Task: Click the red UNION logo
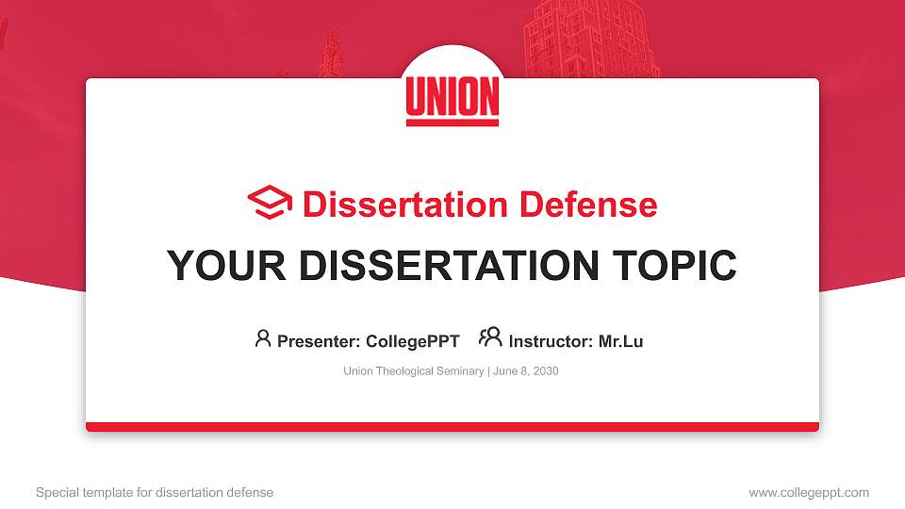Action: click(452, 98)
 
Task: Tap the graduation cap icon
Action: click(270, 203)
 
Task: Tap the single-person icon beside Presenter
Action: click(263, 338)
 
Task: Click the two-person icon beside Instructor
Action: click(490, 337)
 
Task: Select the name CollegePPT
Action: click(412, 341)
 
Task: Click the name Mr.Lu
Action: click(620, 341)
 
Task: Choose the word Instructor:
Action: click(551, 341)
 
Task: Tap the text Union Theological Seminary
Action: click(413, 371)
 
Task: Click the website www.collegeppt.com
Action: click(809, 492)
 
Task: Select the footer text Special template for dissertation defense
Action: click(155, 492)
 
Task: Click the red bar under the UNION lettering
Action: click(452, 122)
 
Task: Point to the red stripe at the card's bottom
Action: click(452, 427)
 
